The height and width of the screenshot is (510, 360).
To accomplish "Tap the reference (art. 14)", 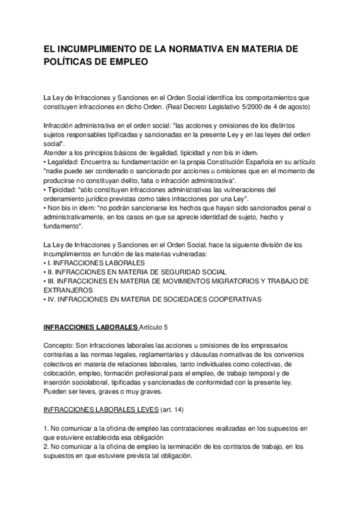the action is click(171, 410).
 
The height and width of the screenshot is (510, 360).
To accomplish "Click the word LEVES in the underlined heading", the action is click(142, 410).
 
